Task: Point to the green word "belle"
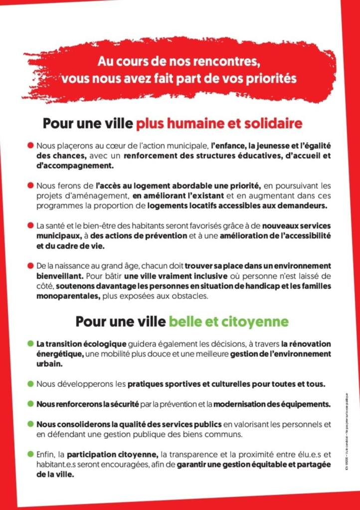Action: coord(185,321)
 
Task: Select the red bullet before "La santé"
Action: coord(30,225)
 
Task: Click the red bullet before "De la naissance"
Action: coord(30,265)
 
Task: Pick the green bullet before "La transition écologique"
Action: coord(30,343)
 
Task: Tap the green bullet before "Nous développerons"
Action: coord(30,383)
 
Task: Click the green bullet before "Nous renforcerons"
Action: coord(30,403)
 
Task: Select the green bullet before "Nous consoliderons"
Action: coord(30,424)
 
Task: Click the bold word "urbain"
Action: coord(48,363)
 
